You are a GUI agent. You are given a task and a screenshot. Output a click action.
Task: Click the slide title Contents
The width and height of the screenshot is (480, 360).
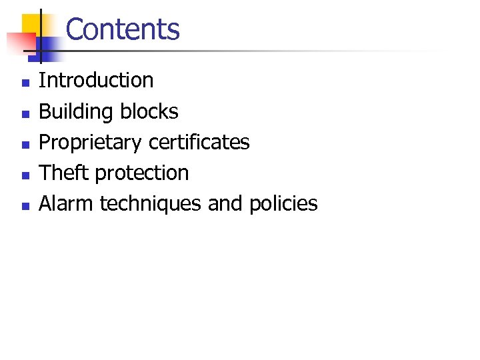[123, 29]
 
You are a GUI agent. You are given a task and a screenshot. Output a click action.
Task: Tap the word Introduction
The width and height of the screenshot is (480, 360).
[96, 81]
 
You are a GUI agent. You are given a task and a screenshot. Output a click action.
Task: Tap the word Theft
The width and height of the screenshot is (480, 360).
[65, 173]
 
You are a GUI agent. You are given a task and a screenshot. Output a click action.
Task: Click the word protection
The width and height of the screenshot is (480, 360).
[142, 173]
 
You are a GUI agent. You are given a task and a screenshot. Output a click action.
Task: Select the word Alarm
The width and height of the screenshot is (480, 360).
[67, 203]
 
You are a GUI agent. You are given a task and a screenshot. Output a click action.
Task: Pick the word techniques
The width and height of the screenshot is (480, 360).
[151, 204]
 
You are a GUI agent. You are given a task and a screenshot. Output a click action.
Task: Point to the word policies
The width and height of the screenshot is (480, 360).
[283, 204]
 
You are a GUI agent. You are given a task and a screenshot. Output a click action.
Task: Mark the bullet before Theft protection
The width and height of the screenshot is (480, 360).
[25, 176]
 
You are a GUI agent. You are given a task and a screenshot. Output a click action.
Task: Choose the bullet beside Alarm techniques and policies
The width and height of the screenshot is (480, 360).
[25, 207]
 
